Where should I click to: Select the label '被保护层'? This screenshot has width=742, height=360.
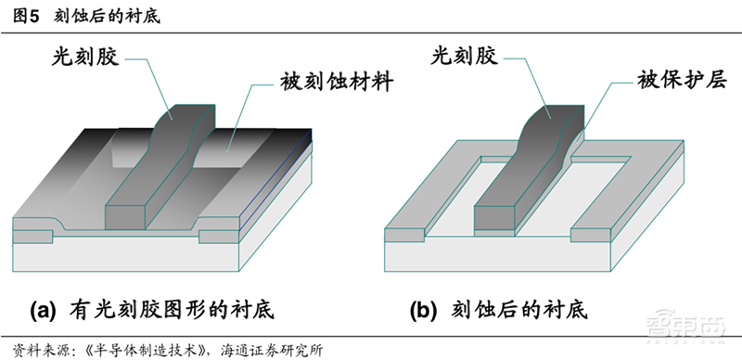(x=679, y=80)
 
